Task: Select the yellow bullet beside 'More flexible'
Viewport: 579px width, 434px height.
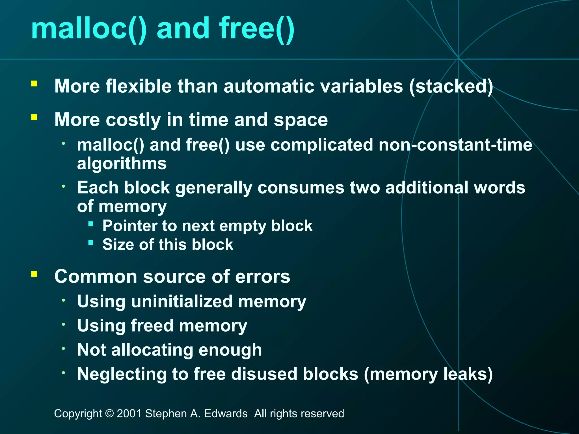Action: coord(34,83)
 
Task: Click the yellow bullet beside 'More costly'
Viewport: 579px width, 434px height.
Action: coord(34,117)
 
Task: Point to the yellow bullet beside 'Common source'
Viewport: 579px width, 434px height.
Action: coord(34,274)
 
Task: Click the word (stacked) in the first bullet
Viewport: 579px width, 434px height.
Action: coord(451,86)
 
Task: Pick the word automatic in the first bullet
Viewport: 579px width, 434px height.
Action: coord(269,86)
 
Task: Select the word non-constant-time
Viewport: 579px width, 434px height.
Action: coord(455,145)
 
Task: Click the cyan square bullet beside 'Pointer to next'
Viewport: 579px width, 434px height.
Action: coord(91,224)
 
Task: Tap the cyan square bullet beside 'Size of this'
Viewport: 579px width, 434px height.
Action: coord(91,243)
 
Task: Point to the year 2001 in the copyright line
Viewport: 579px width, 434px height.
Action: coord(129,414)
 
